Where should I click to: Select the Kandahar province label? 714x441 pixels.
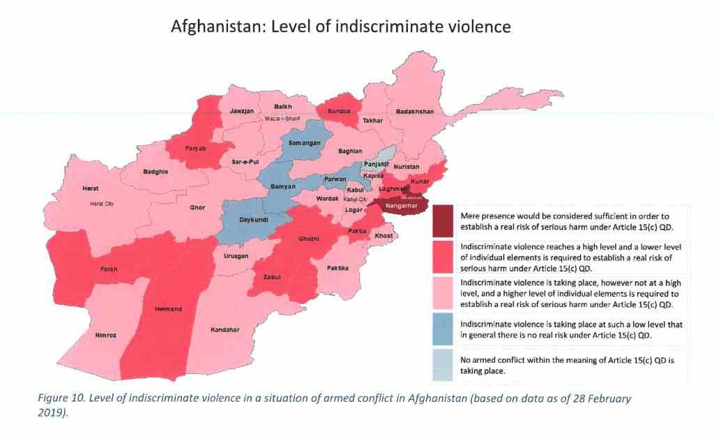225,329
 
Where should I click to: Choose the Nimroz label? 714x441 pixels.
105,336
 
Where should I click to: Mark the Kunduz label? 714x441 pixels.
333,110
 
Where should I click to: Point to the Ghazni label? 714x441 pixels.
309,239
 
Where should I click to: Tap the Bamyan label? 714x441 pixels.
283,187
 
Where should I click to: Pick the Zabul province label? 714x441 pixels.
272,276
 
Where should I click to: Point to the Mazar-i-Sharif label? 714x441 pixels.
282,119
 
